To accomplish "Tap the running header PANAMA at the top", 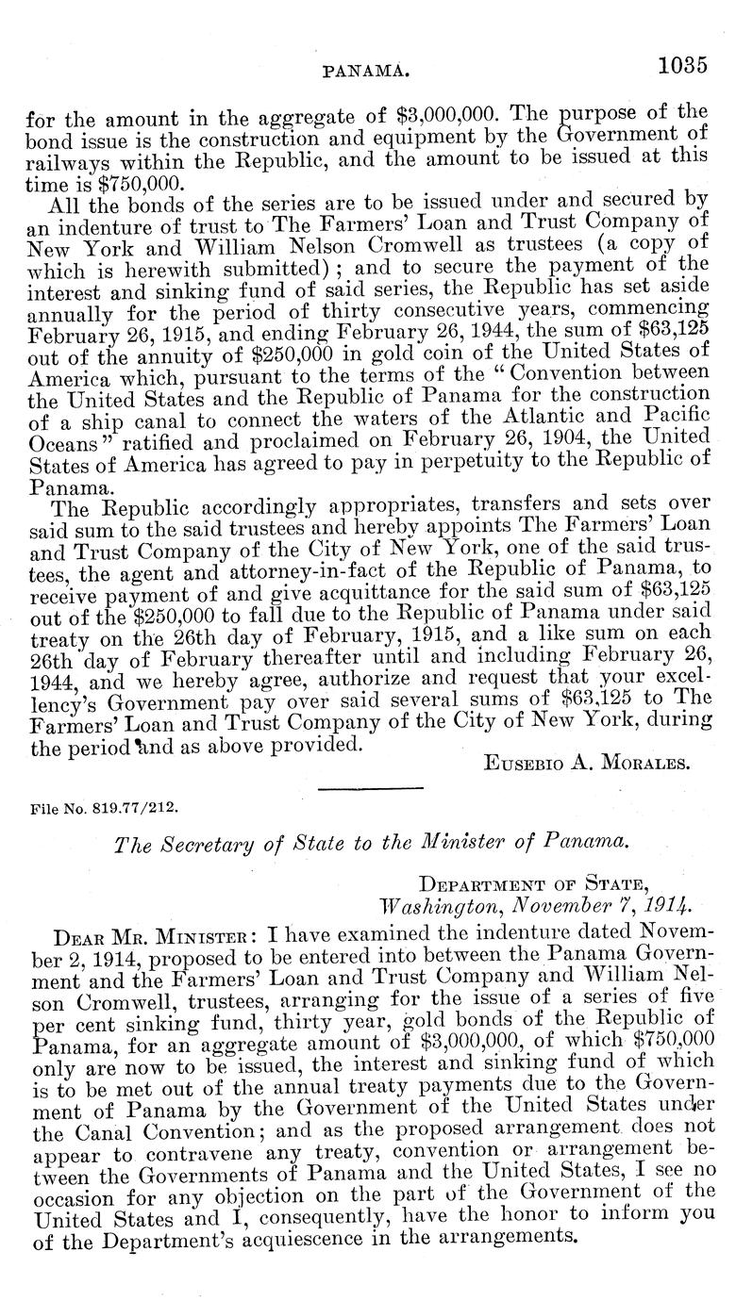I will pyautogui.click(x=365, y=69).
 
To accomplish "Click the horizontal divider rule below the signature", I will pyautogui.click(x=370, y=787).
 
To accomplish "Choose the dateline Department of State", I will pyautogui.click(x=533, y=884).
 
